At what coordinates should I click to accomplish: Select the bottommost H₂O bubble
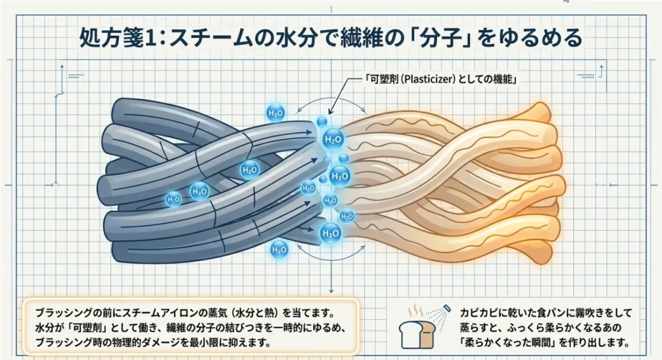point(279,248)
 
